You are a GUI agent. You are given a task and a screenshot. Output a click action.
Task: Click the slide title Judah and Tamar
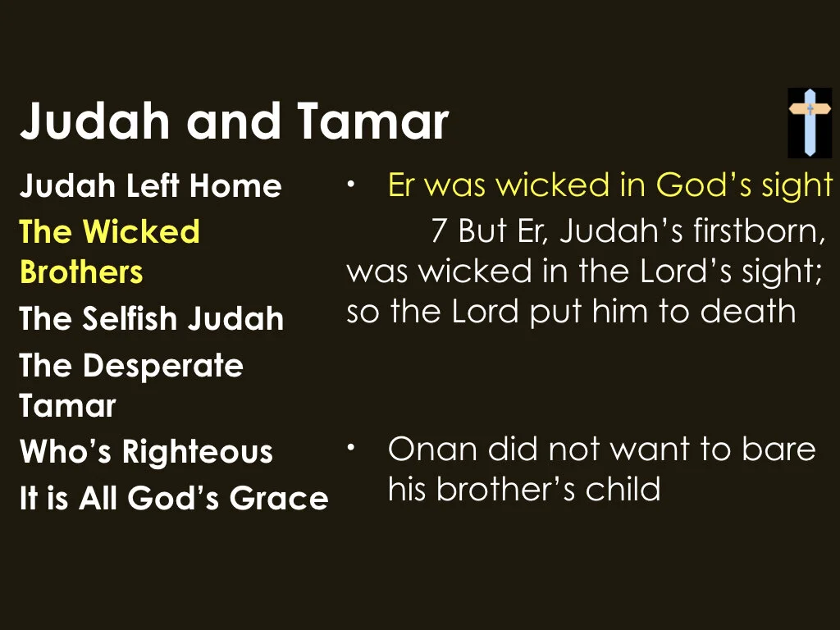(x=234, y=121)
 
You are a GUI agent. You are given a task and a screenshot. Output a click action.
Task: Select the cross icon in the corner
(x=810, y=122)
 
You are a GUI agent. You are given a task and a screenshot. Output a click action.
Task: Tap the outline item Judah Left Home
(x=150, y=186)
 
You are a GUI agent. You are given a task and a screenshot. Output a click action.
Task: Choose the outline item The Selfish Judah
(x=151, y=318)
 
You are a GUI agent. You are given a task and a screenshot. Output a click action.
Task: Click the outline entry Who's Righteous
(x=146, y=452)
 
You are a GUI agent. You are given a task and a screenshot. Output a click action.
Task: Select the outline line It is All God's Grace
(x=174, y=498)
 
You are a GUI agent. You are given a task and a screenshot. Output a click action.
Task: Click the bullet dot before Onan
(x=350, y=448)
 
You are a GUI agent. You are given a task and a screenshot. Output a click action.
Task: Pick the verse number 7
(x=439, y=231)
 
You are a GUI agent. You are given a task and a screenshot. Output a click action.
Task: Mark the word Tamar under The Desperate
(x=67, y=406)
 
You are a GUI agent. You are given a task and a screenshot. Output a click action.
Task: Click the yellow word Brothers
(x=80, y=272)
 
